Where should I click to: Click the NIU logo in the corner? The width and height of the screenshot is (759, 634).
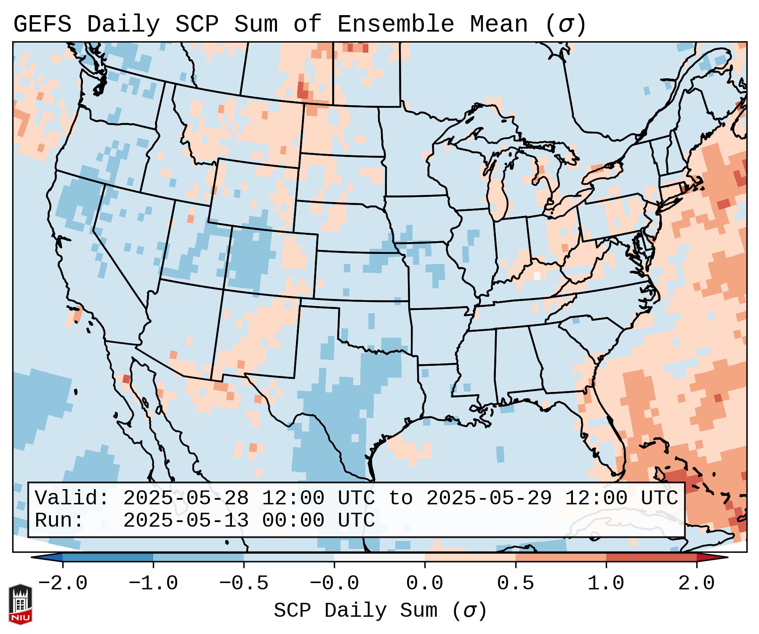20,604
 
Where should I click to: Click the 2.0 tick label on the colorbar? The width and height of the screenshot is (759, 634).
696,583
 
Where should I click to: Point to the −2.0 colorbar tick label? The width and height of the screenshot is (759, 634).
63,583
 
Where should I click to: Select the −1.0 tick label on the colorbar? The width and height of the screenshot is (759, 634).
153,583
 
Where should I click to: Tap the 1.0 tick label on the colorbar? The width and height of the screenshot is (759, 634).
606,583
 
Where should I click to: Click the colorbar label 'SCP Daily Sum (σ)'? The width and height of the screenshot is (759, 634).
380,610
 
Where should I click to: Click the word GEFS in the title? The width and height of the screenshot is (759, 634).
42,24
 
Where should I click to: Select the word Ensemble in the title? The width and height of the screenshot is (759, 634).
396,24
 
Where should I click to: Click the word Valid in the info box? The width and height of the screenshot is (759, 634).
72,498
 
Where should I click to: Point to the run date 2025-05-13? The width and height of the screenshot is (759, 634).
186,520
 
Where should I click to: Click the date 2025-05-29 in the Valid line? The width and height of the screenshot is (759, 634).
489,498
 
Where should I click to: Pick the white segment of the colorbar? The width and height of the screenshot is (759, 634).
379,557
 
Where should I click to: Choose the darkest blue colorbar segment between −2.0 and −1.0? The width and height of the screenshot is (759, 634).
108,557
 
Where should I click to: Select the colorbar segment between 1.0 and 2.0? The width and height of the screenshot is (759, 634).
651,557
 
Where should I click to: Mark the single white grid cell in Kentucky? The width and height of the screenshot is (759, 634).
537,276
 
